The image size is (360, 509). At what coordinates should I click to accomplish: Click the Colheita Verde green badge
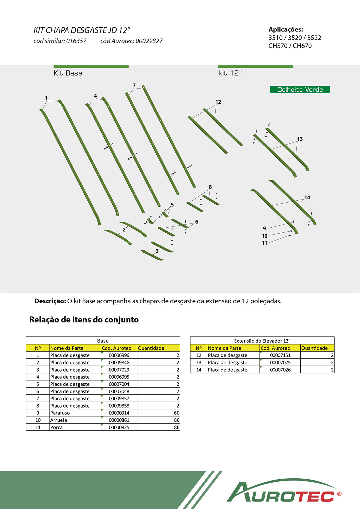[x=300, y=89]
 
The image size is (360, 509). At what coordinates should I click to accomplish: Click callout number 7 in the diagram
[x=134, y=85]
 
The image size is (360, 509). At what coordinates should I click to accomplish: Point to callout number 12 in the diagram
[x=218, y=102]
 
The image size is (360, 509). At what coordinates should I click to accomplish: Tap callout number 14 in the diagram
[x=307, y=197]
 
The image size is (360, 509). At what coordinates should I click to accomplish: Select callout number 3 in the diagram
[x=157, y=251]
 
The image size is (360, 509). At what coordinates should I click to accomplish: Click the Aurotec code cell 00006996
[x=119, y=355]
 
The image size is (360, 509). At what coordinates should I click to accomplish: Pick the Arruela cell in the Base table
[x=58, y=420]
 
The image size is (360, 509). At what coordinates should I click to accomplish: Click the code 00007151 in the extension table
[x=280, y=355]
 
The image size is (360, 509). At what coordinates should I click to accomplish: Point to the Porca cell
[x=56, y=427]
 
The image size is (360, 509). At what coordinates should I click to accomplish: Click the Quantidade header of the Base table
[x=151, y=348]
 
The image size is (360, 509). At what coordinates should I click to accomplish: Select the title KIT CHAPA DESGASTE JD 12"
[x=82, y=30]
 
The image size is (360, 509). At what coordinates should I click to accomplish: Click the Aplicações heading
[x=286, y=29]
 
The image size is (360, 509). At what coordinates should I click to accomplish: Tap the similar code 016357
[x=76, y=41]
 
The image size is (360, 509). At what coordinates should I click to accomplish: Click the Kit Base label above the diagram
[x=68, y=73]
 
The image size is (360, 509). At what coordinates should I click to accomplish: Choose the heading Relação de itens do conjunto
[x=84, y=319]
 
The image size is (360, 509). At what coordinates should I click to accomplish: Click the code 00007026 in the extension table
[x=280, y=370]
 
